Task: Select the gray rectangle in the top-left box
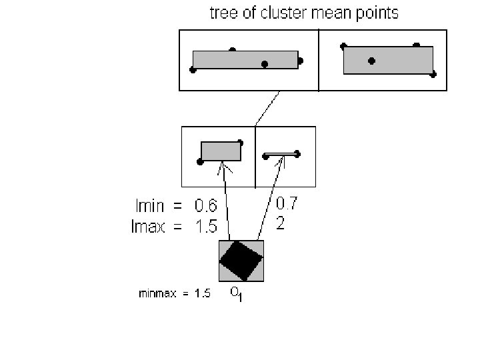[x=245, y=59]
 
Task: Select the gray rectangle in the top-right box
[x=388, y=60]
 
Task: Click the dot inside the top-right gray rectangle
[x=371, y=61]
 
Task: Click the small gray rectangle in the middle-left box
[x=221, y=151]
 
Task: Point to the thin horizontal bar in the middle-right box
[x=282, y=155]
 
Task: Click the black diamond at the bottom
[x=241, y=261]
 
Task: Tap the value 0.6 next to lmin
[x=205, y=205]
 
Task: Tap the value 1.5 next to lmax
[x=205, y=227]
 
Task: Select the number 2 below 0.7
[x=281, y=224]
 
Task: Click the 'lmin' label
[x=149, y=205]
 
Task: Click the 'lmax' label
[x=151, y=227]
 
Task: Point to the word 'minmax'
[x=157, y=293]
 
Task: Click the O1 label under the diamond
[x=237, y=294]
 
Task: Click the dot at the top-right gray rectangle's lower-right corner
[x=433, y=75]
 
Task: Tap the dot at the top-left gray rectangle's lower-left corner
[x=193, y=69]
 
